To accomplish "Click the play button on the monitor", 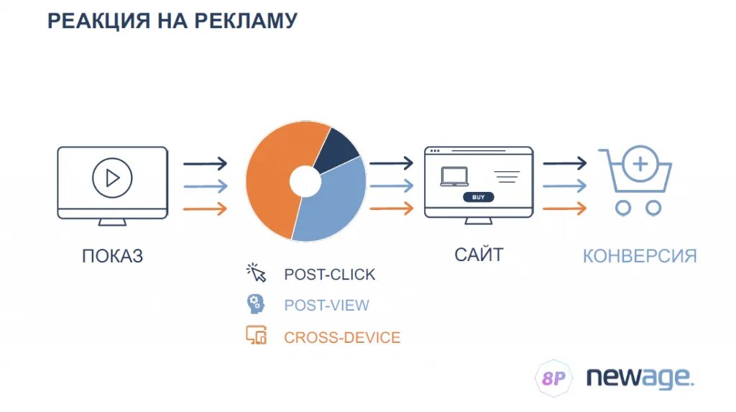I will tap(113, 177).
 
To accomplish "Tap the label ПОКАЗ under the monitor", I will tap(112, 255).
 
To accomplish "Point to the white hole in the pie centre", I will tap(305, 182).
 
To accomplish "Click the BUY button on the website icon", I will tap(478, 196).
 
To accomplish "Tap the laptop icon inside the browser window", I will tap(454, 176).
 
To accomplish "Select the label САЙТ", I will tap(479, 254).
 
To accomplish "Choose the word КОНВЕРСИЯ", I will tap(640, 256).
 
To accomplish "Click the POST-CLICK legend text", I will tap(329, 275).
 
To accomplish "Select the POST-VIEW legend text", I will tap(326, 305).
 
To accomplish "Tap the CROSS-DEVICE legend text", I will tap(342, 337).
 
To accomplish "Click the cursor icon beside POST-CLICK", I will tap(257, 273).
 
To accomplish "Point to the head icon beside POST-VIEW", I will tap(255, 303).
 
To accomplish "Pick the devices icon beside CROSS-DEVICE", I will tap(256, 335).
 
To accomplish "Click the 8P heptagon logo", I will tap(553, 378).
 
